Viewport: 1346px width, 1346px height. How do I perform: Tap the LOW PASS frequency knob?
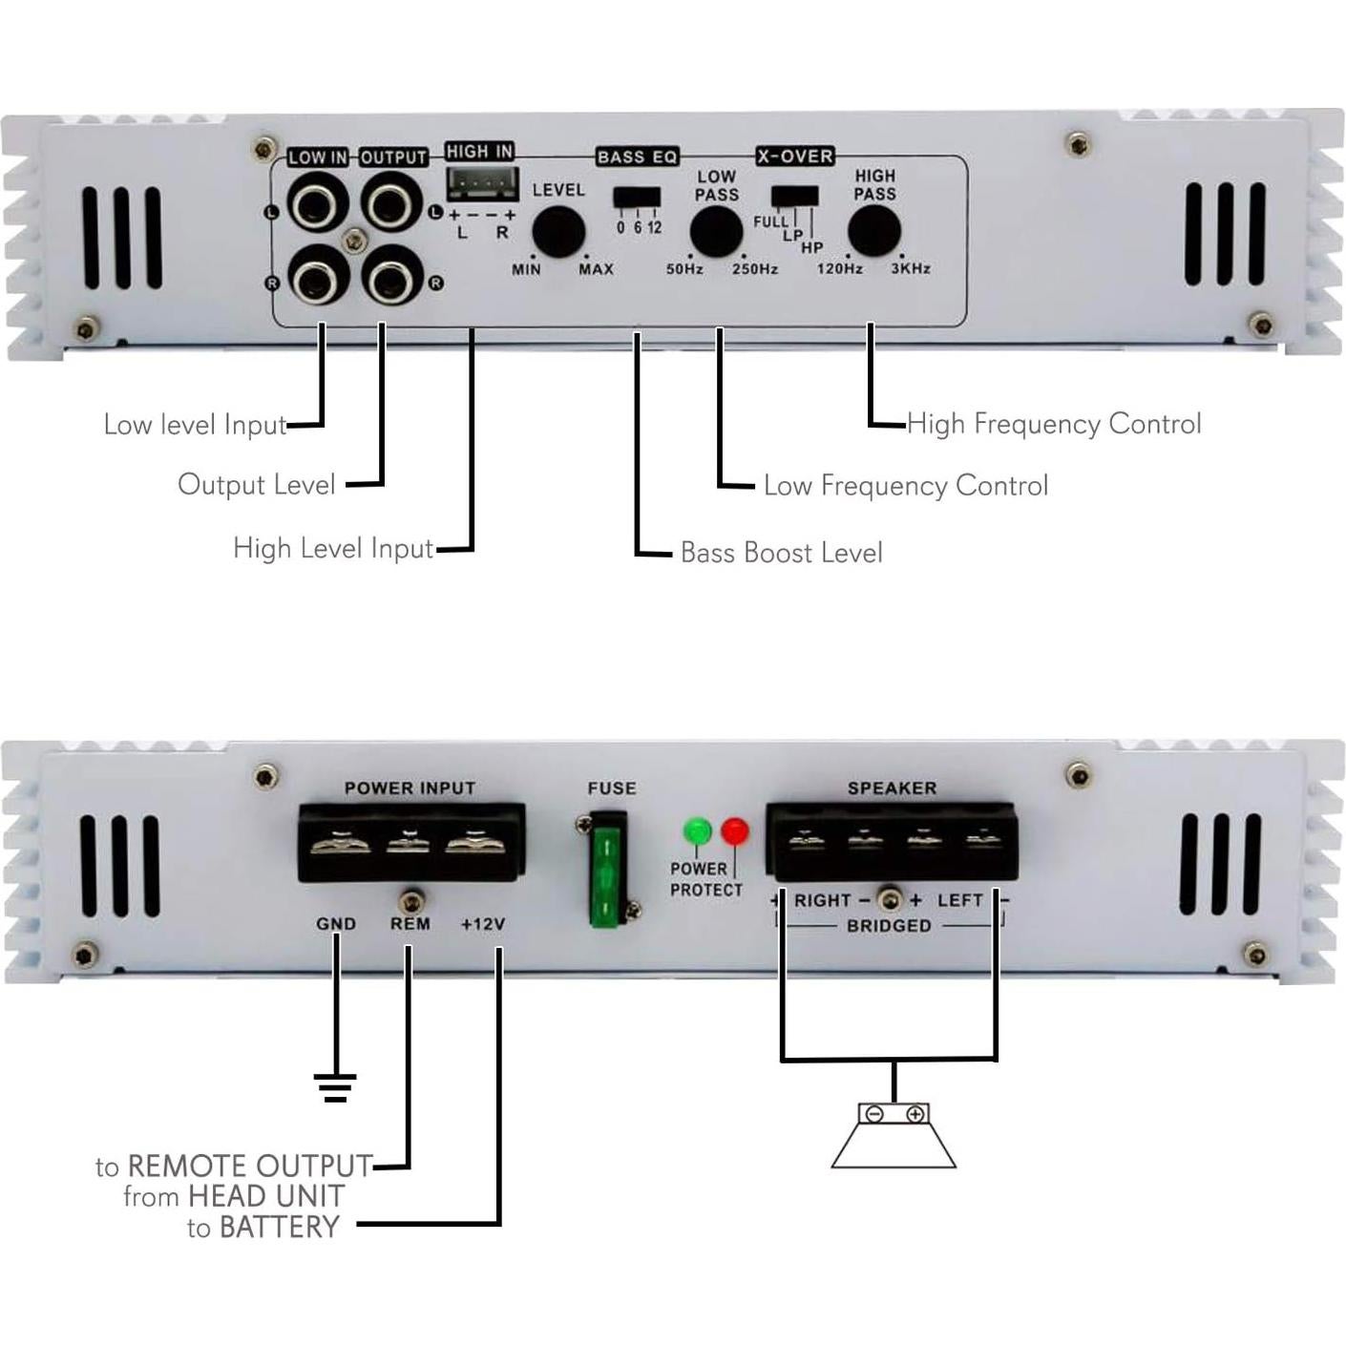(x=716, y=231)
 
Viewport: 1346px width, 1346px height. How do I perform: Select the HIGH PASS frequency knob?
(x=873, y=231)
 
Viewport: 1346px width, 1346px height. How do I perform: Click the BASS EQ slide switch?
(x=637, y=198)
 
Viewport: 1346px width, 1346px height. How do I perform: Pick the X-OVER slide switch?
(x=794, y=197)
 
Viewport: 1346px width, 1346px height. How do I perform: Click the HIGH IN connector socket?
(x=483, y=182)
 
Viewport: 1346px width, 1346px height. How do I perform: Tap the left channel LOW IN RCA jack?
(x=317, y=203)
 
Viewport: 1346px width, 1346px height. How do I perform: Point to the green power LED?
(x=698, y=831)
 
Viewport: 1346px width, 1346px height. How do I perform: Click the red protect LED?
(x=734, y=831)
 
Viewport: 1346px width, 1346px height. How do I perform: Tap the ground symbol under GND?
(x=334, y=1087)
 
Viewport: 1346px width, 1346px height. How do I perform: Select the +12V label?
(x=483, y=924)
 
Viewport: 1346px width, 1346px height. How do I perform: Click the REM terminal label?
(x=410, y=924)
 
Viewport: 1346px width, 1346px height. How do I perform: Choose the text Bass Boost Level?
(x=781, y=553)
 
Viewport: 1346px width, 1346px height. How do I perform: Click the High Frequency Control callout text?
(x=1054, y=424)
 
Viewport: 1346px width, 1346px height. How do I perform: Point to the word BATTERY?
(x=280, y=1227)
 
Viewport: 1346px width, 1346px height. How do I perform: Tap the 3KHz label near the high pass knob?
(x=911, y=269)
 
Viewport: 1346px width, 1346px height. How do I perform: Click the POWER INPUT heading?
(x=410, y=789)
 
